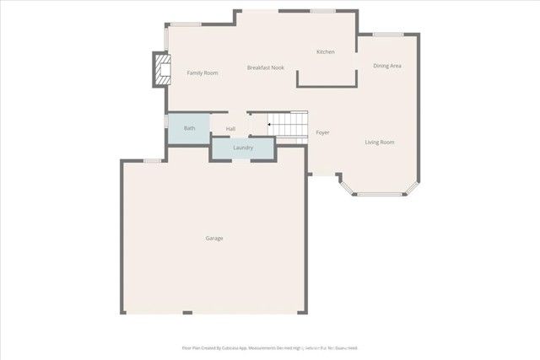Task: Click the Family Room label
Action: point(202,73)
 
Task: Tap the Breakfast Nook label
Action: point(265,67)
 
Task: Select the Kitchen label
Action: point(325,52)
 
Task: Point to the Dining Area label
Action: point(387,66)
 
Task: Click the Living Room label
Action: point(380,142)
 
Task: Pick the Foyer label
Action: point(322,133)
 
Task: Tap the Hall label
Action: point(230,129)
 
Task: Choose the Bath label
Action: point(190,128)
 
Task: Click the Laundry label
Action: point(243,148)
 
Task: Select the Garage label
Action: point(214,239)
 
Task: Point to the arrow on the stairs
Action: point(269,126)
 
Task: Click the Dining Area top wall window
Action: point(388,35)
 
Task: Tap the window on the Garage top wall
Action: point(153,160)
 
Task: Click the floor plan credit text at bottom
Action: point(270,347)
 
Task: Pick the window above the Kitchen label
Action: point(322,11)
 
